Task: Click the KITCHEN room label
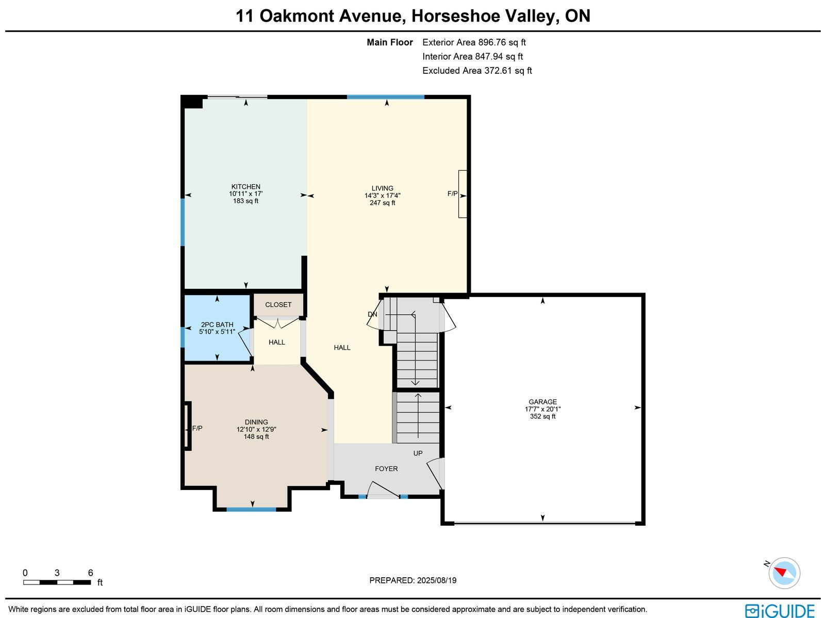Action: point(245,186)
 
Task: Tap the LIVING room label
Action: point(382,188)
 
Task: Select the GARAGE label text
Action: point(542,402)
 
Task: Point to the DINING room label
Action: point(256,422)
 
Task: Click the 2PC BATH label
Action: point(217,324)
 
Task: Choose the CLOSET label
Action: point(278,304)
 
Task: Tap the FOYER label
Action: point(386,469)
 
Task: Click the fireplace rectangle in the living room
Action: point(463,194)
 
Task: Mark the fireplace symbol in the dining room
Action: point(187,426)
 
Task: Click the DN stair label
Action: point(372,314)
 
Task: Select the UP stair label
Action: point(418,453)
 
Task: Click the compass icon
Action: point(784,573)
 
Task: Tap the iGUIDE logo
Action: point(780,610)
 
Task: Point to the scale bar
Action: point(57,582)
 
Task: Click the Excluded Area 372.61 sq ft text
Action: point(477,71)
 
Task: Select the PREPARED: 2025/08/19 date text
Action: point(412,580)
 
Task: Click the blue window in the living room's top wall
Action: point(386,97)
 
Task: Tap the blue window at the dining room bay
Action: point(251,510)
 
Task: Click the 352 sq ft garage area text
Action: point(542,416)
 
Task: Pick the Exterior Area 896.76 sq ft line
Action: point(474,42)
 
